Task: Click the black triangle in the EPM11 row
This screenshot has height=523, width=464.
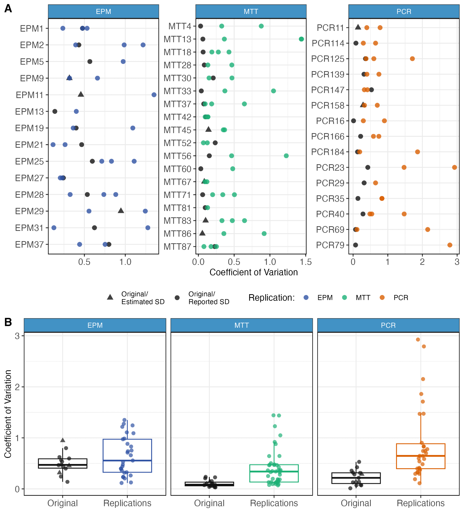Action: coord(81,94)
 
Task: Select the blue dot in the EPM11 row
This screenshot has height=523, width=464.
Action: coord(154,95)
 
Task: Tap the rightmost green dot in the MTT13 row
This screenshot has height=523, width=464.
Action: coord(301,39)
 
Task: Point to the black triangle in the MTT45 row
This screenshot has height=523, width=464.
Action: coord(208,129)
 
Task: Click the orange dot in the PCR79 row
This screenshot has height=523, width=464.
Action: coord(450,245)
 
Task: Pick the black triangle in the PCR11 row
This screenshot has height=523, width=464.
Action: coord(358,27)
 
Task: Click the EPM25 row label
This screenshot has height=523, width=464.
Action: coord(29,161)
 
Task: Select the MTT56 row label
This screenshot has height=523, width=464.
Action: coord(178,156)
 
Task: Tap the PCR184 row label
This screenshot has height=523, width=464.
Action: coord(328,152)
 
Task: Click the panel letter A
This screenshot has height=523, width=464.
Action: coord(8,9)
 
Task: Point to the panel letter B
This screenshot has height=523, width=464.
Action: coord(8,322)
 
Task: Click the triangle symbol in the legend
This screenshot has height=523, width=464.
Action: coord(110,297)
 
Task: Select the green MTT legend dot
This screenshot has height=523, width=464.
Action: coord(344,297)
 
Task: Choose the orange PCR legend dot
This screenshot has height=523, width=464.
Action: coord(382,297)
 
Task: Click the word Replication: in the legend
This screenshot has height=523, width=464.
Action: coord(272,298)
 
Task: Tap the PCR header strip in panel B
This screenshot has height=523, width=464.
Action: coord(388,325)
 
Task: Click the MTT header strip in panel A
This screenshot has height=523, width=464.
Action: coord(251,12)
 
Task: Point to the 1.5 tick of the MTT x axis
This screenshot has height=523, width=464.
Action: coord(306,262)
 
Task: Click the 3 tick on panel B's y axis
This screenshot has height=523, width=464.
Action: coord(17,336)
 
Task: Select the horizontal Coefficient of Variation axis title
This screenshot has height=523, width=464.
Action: coord(254,272)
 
